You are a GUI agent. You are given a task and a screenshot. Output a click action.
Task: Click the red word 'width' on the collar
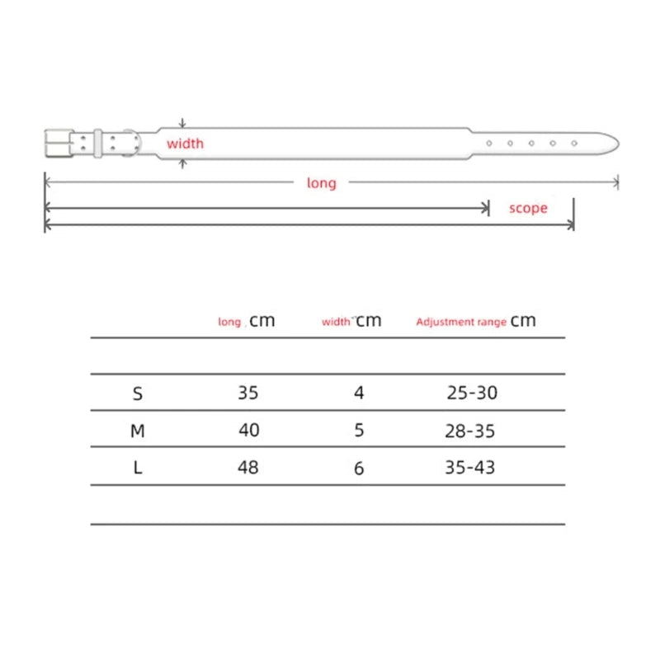(x=185, y=144)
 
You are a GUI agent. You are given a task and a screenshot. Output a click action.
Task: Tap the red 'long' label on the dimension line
(x=322, y=183)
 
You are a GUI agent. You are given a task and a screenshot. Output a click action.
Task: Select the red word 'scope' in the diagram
(x=528, y=208)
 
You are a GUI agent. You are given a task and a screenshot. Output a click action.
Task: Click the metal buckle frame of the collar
(x=46, y=144)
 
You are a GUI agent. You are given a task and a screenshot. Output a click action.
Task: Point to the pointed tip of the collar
(x=618, y=143)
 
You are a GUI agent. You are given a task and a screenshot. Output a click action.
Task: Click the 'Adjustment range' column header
(x=461, y=322)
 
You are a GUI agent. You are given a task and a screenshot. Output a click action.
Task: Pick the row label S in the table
(x=138, y=394)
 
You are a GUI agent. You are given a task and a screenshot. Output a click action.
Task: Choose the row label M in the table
(x=138, y=431)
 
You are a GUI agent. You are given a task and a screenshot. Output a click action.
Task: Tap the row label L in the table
(x=138, y=468)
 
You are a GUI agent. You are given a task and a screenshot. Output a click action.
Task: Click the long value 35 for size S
(x=248, y=393)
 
